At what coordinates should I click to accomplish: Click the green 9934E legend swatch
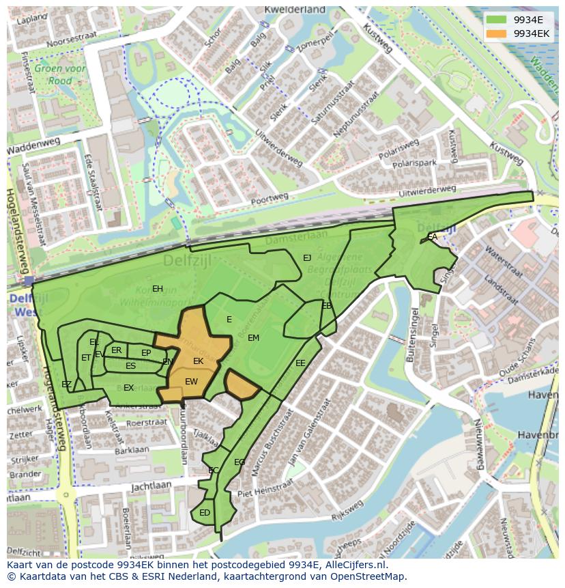tap(496, 20)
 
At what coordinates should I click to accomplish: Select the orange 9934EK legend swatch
tap(496, 33)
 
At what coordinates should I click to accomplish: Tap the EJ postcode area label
tap(307, 257)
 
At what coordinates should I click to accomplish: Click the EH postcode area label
tap(158, 288)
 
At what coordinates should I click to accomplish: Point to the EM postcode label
tap(253, 337)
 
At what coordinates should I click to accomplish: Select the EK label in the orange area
tap(199, 361)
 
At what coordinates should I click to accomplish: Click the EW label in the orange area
tap(191, 382)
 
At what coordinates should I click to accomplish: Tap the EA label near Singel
tap(432, 236)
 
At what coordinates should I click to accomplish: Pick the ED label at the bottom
tap(205, 512)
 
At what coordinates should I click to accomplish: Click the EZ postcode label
tap(66, 384)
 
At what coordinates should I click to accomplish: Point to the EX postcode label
tap(128, 387)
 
